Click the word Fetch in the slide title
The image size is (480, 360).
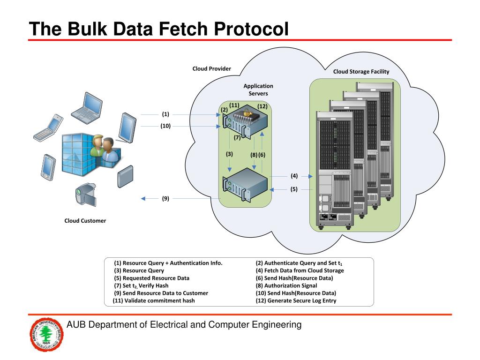pyautogui.click(x=184, y=29)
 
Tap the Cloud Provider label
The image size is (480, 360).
pyautogui.click(x=211, y=68)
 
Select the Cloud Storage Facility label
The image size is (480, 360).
pyautogui.click(x=361, y=72)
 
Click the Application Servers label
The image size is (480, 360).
pyautogui.click(x=258, y=90)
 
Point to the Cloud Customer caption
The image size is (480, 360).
pyautogui.click(x=85, y=221)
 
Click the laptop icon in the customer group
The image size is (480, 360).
pyautogui.click(x=87, y=108)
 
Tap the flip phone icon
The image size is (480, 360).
pyautogui.click(x=48, y=127)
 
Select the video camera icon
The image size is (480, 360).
pyautogui.click(x=86, y=195)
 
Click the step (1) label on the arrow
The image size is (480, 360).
pyautogui.click(x=165, y=114)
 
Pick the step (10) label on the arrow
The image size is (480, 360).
pyautogui.click(x=165, y=126)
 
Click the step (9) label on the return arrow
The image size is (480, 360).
pyautogui.click(x=165, y=198)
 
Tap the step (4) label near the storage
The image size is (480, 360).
pyautogui.click(x=294, y=176)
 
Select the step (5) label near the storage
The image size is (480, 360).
pyautogui.click(x=294, y=189)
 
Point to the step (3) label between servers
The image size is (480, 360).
pyautogui.click(x=229, y=154)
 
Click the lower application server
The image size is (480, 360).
pyautogui.click(x=245, y=185)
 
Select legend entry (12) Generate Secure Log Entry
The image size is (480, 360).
pyautogui.click(x=296, y=300)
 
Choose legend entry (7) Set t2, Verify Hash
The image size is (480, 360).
pyautogui.click(x=141, y=285)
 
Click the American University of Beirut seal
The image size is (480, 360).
pyautogui.click(x=46, y=335)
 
